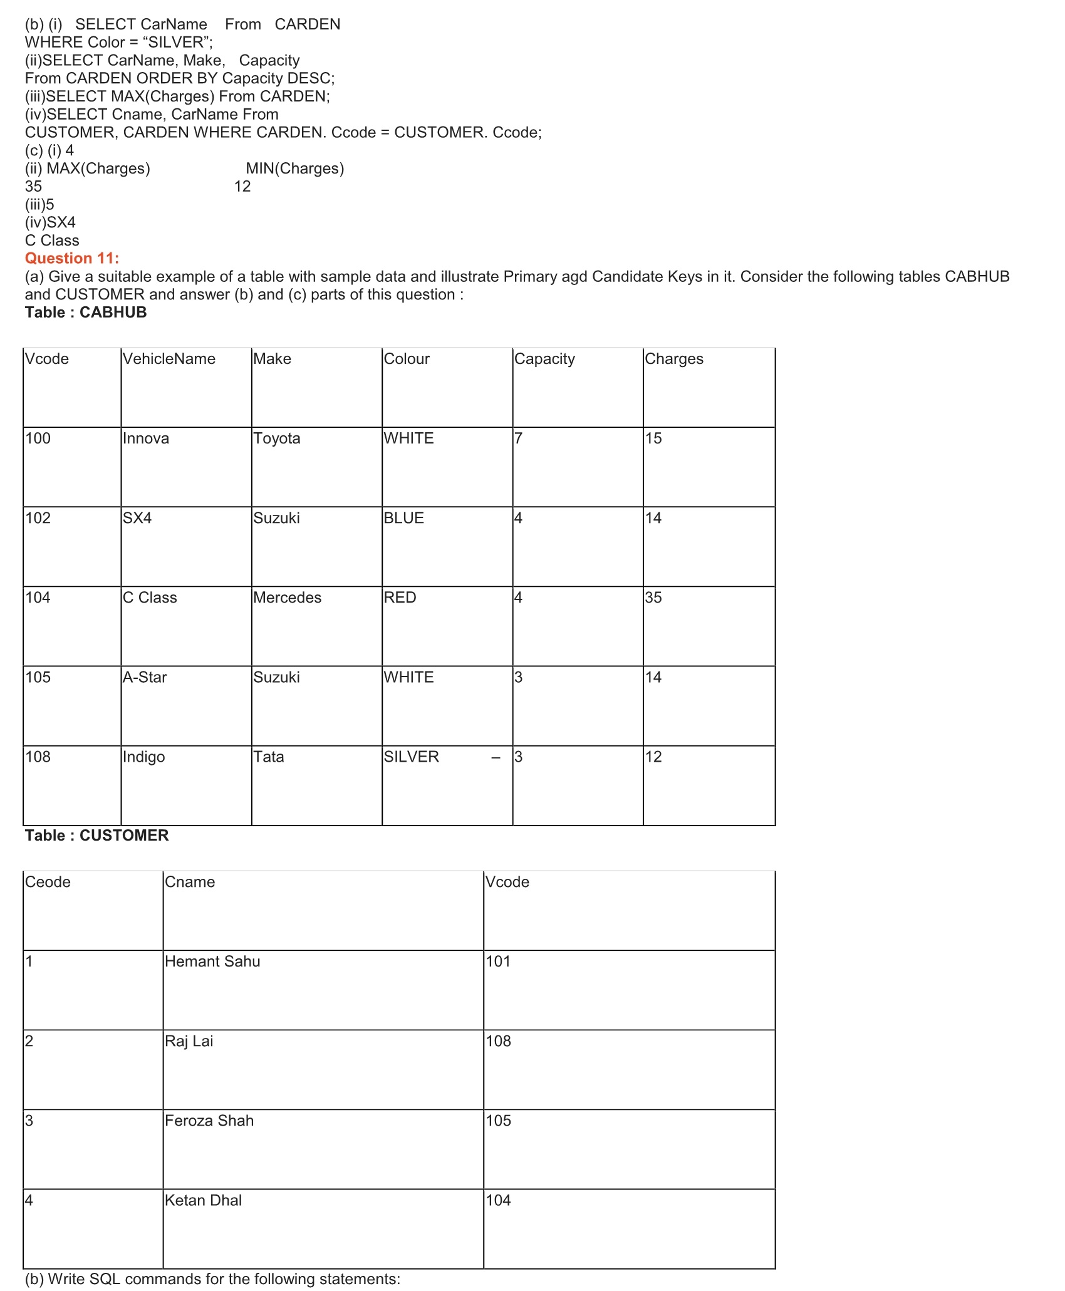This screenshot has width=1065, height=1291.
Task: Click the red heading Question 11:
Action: coord(72,258)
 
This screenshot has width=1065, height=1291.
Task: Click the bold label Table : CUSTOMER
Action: coord(97,836)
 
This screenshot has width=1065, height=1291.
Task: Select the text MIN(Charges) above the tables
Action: coord(295,169)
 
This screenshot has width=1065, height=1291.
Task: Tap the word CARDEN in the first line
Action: coord(308,24)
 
